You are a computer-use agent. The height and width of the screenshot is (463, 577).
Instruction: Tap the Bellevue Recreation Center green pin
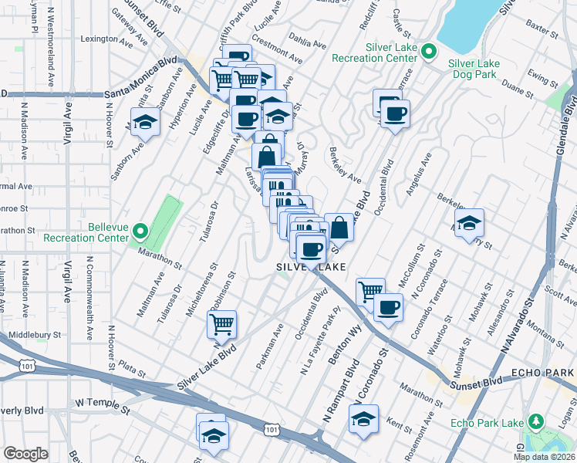click(x=140, y=231)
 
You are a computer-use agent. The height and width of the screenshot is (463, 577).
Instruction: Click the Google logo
click(x=26, y=454)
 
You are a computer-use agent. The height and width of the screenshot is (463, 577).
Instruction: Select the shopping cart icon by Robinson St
click(x=222, y=324)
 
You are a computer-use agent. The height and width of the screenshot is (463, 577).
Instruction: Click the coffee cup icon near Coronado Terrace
click(x=388, y=307)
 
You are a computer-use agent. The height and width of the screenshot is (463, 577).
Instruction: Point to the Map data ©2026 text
click(x=545, y=456)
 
